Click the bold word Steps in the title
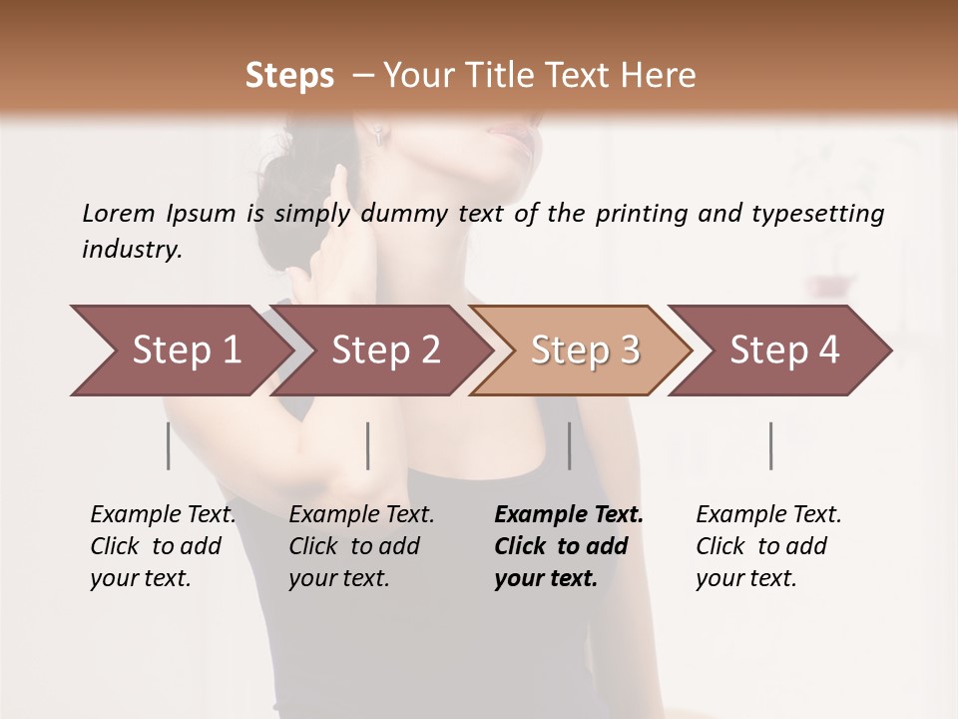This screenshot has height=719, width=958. click(x=289, y=75)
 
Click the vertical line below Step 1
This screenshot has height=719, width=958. click(x=168, y=445)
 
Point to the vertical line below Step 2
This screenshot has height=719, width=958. click(x=368, y=445)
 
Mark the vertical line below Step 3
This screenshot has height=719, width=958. click(x=569, y=445)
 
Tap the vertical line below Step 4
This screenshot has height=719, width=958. click(x=770, y=445)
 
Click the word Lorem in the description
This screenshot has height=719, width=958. click(x=119, y=213)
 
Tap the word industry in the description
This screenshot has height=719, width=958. click(x=132, y=249)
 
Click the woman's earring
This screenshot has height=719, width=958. click(x=379, y=135)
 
